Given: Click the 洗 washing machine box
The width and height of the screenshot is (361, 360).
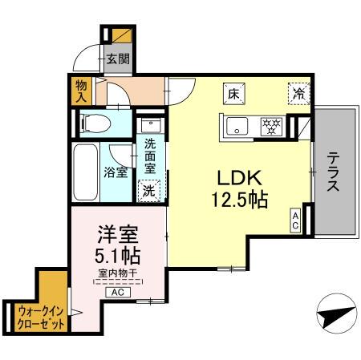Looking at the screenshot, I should click(148, 191).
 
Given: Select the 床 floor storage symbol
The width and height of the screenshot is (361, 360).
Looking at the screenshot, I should click(233, 93).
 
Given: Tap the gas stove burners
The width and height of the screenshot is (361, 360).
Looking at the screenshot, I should click(271, 125).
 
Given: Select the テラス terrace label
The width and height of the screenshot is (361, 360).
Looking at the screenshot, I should click(332, 171).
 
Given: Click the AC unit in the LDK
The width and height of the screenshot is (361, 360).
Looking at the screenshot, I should click(296, 220).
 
